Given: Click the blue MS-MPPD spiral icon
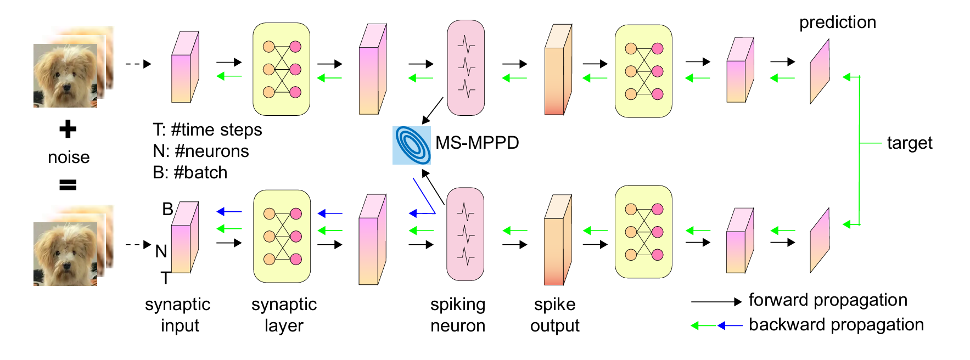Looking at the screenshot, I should tap(411, 145).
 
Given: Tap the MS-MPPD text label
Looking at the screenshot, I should tap(477, 143).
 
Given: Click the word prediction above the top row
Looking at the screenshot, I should tap(837, 22).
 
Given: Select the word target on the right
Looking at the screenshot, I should tap(909, 143).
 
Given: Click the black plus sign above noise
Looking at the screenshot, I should tap(68, 130).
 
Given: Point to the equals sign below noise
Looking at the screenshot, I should tap(68, 185).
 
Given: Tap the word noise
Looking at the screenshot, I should tap(69, 157).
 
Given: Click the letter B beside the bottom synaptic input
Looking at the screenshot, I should tap(167, 209).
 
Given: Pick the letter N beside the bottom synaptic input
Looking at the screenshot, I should tap(161, 251).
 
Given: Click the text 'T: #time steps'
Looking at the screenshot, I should tap(207, 130).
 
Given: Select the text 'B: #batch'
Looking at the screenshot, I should tap(190, 173).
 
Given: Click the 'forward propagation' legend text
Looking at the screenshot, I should tap(827, 300).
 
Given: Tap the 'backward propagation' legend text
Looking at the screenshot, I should tap(836, 325).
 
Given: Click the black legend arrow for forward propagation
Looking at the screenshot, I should tap(716, 301).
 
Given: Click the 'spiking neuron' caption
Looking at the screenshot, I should tap(458, 315).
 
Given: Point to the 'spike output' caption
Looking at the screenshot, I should tap(554, 315).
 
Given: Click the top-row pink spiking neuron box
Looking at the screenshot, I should tap(466, 68).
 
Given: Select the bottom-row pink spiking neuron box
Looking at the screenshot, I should tap(466, 234).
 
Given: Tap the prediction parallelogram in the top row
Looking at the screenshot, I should tap(820, 71).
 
